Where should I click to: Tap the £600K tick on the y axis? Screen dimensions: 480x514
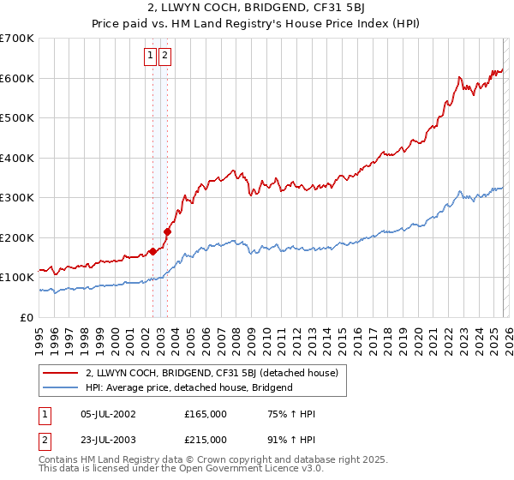click(17, 78)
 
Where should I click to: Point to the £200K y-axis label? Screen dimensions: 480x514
click(17, 237)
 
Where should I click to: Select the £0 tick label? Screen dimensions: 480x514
click(27, 317)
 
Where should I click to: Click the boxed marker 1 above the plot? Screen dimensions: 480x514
click(150, 57)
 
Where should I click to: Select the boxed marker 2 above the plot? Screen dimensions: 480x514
click(164, 57)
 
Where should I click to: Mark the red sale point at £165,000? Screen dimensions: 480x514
click(152, 251)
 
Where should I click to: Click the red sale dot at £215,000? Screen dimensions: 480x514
click(168, 231)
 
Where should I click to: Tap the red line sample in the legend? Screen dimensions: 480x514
click(61, 373)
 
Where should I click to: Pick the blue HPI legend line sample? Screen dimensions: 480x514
click(61, 387)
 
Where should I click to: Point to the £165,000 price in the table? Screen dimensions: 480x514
click(206, 414)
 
